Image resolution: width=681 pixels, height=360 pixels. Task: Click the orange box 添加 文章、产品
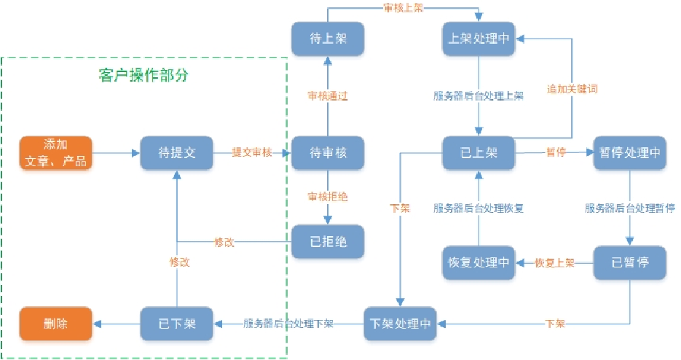pyautogui.click(x=55, y=153)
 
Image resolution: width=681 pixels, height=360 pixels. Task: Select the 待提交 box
pyautogui.click(x=176, y=153)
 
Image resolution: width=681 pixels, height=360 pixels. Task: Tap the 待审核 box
pyautogui.click(x=327, y=153)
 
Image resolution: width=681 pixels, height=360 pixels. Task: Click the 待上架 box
pyautogui.click(x=327, y=38)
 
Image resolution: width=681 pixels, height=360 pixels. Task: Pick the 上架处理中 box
pyautogui.click(x=479, y=38)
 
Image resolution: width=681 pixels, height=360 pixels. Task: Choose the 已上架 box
pyautogui.click(x=479, y=153)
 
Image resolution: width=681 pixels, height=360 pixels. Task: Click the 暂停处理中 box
pyautogui.click(x=629, y=153)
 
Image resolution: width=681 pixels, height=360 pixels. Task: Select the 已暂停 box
pyautogui.click(x=629, y=262)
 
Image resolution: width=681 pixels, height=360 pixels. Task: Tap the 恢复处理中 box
pyautogui.click(x=479, y=262)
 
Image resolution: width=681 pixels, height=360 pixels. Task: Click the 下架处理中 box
pyautogui.click(x=401, y=322)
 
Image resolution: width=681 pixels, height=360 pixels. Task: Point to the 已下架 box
pyautogui.click(x=176, y=322)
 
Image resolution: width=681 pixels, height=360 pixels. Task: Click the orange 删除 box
pyautogui.click(x=55, y=322)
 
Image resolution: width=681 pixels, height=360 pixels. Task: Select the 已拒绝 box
pyautogui.click(x=327, y=242)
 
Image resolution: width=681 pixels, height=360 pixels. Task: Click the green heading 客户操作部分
pyautogui.click(x=144, y=75)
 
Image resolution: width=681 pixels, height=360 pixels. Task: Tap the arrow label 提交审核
pyautogui.click(x=252, y=153)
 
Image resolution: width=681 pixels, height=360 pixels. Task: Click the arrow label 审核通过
pyautogui.click(x=328, y=95)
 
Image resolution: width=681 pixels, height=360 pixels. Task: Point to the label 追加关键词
pyautogui.click(x=572, y=89)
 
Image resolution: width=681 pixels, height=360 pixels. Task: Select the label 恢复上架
pyautogui.click(x=554, y=262)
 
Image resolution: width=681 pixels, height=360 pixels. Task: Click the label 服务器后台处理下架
pyautogui.click(x=288, y=323)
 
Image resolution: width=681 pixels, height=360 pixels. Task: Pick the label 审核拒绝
pyautogui.click(x=328, y=197)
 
